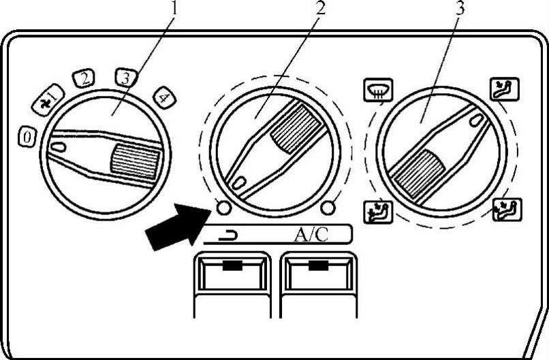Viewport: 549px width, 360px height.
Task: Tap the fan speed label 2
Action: [84, 79]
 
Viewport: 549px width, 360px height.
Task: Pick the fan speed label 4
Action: [163, 97]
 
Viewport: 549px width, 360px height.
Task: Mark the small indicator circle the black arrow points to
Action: [221, 207]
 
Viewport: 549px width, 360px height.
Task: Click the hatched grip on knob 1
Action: [136, 161]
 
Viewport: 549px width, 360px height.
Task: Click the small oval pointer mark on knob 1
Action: [59, 145]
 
